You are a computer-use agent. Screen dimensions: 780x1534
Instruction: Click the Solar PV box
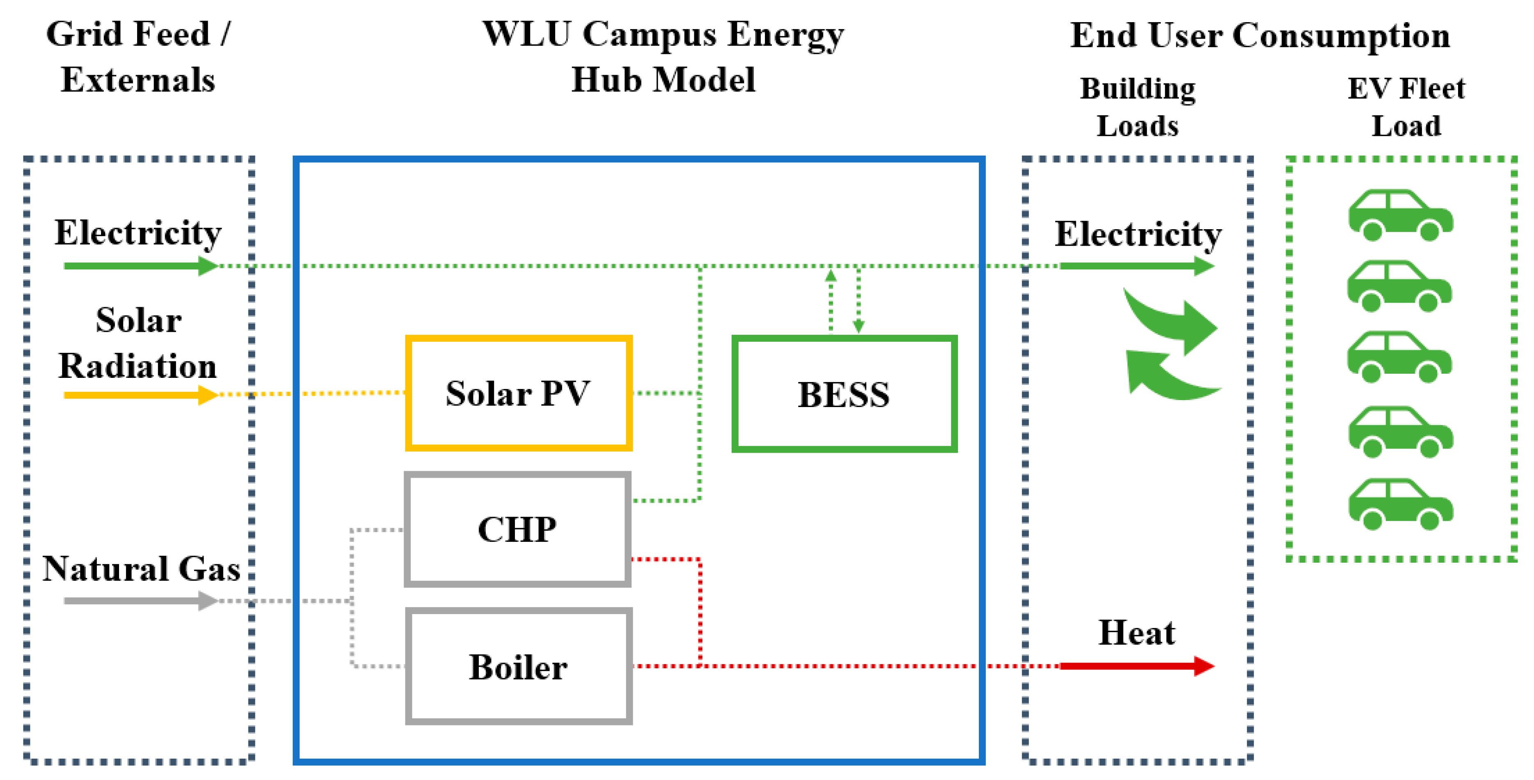(x=518, y=393)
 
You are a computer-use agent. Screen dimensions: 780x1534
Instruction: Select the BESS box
(x=844, y=394)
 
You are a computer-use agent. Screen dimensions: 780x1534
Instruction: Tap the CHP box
(x=517, y=529)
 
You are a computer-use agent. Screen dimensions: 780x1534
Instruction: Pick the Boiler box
(x=518, y=666)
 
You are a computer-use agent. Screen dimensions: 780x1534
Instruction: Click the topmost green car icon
(x=1401, y=216)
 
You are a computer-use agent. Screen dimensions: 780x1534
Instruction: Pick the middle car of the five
(x=1399, y=357)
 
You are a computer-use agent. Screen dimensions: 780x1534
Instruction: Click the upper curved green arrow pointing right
(x=1173, y=322)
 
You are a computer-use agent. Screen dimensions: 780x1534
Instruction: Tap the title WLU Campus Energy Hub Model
(x=663, y=57)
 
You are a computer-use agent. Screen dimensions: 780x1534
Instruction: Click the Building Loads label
(x=1137, y=107)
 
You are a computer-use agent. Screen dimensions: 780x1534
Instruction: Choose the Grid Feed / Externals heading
(x=138, y=57)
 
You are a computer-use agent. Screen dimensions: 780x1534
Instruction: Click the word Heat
(x=1136, y=633)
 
